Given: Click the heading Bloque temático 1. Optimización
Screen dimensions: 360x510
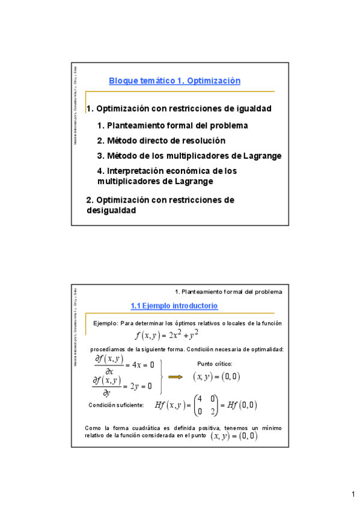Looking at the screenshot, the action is pyautogui.click(x=174, y=81).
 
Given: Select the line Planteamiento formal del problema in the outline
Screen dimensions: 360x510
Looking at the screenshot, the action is pyautogui.click(x=172, y=125).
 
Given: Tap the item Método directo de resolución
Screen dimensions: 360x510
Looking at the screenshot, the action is pyautogui.click(x=161, y=140).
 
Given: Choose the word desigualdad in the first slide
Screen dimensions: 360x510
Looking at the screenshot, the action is pyautogui.click(x=111, y=210).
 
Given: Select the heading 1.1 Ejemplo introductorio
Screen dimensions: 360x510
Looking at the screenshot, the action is pyautogui.click(x=174, y=306).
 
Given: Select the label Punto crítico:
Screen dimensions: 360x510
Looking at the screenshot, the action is pyautogui.click(x=215, y=364).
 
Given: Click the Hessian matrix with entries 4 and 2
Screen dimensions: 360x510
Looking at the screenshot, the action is pyautogui.click(x=201, y=406).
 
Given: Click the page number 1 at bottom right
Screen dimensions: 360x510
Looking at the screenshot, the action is pyautogui.click(x=353, y=494).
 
